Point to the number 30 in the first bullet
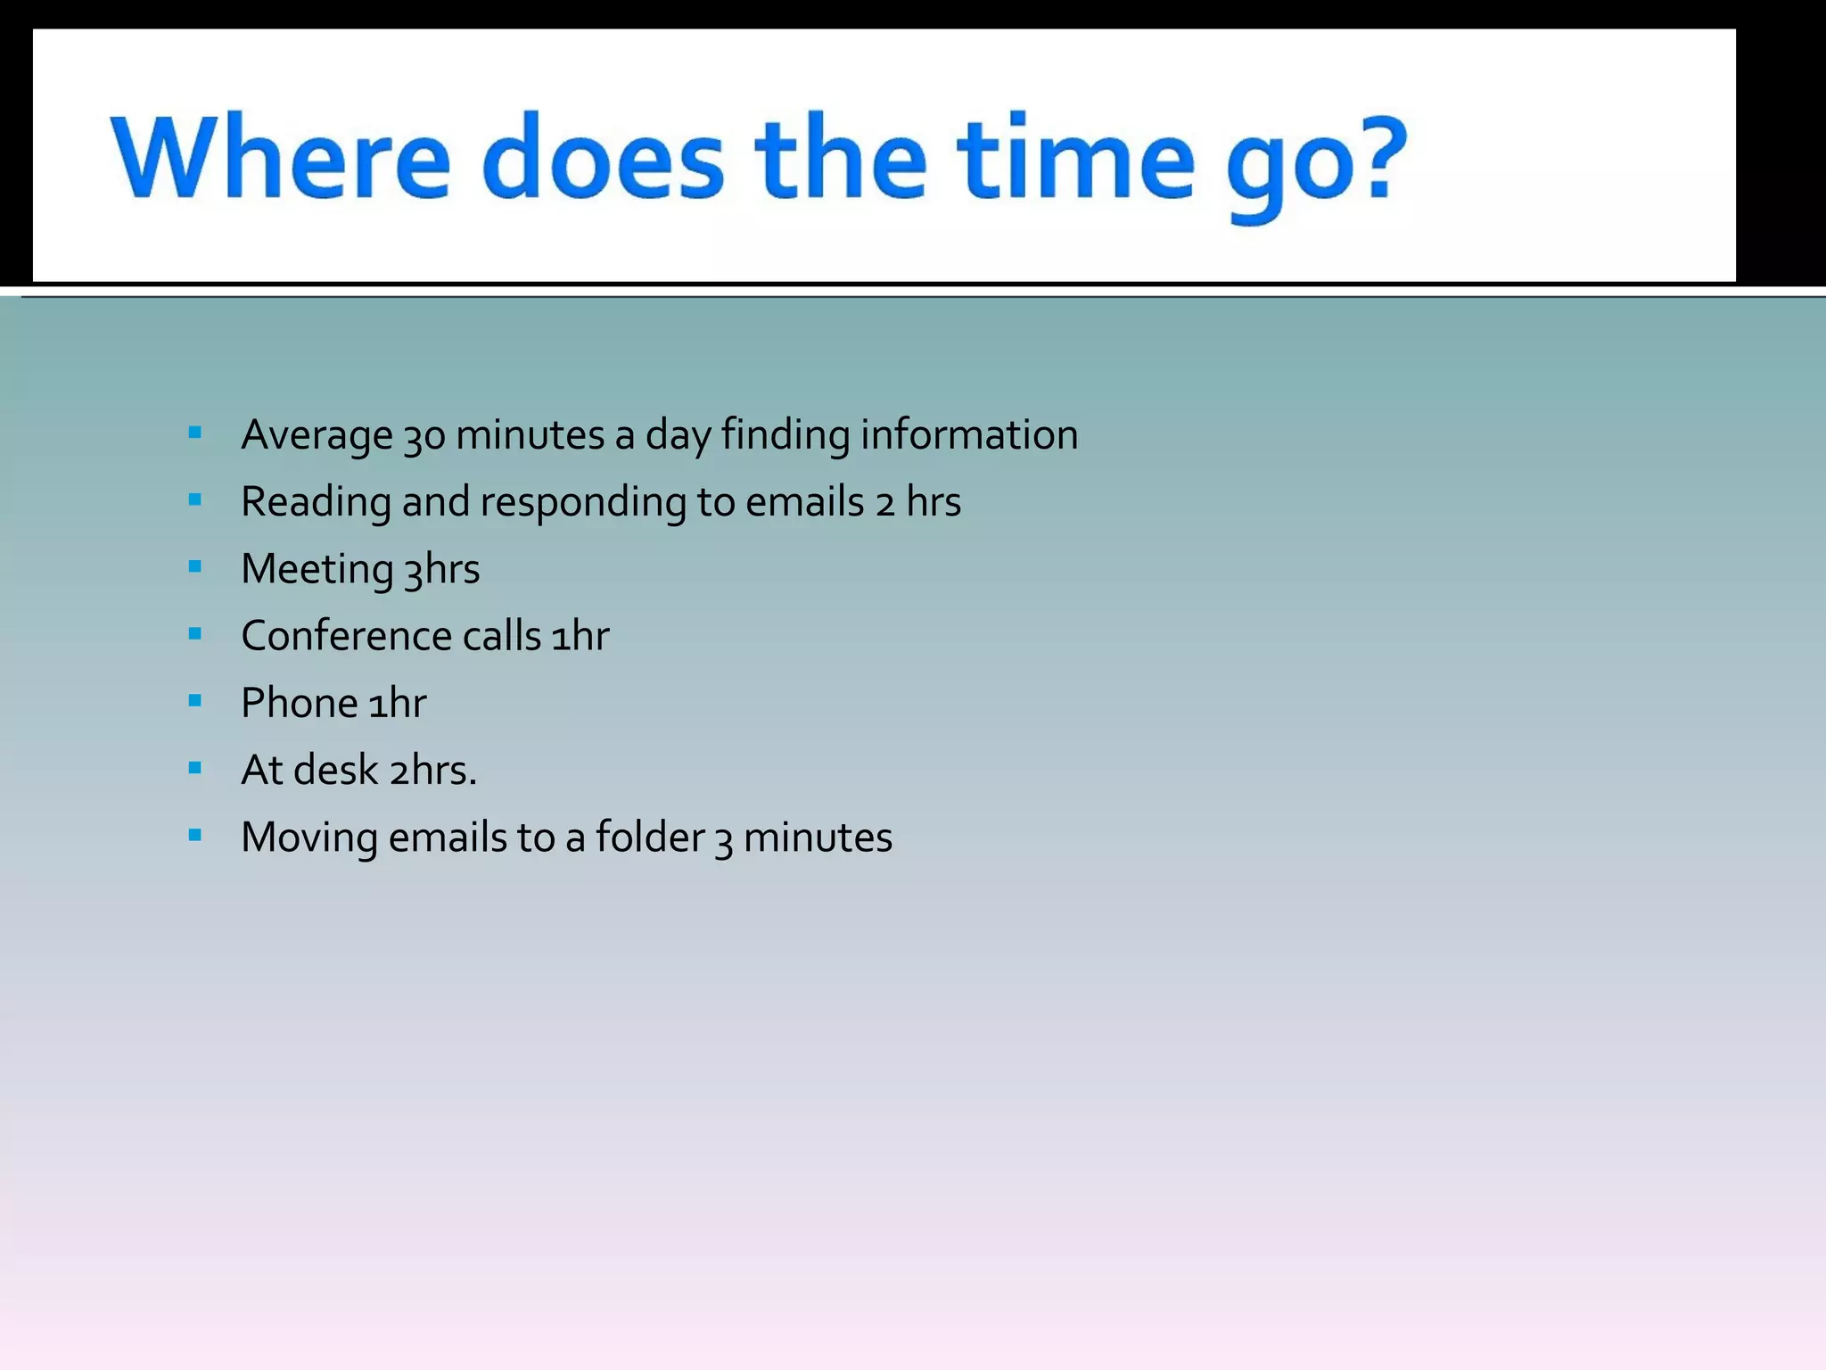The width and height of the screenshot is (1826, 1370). pos(424,436)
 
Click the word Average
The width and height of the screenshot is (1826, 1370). pos(317,436)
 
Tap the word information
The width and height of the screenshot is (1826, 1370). pos(969,435)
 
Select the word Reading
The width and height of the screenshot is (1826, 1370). pos(317,502)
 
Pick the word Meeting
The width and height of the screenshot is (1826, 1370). pos(317,569)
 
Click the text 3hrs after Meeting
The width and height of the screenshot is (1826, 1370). pos(442,569)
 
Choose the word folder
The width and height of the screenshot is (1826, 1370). pos(650,837)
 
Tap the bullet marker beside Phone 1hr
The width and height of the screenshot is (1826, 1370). pos(195,700)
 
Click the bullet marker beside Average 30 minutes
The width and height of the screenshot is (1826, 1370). pos(195,433)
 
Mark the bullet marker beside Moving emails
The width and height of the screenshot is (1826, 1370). pos(195,835)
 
